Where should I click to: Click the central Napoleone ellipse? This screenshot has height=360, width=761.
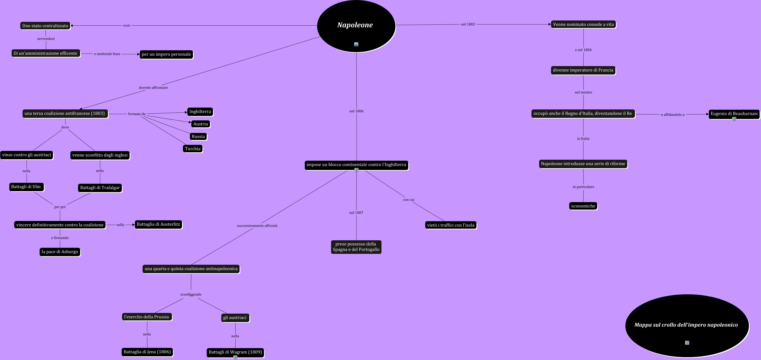pos(356,25)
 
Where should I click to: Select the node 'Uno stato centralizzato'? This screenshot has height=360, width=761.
pos(45,26)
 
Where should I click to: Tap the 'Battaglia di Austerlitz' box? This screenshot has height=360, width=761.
pos(158,224)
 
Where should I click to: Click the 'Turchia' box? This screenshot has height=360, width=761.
pos(193,149)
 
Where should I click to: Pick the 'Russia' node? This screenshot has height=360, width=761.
pos(198,136)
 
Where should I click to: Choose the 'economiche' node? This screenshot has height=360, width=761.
pos(583,206)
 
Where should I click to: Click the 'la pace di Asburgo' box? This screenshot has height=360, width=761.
pos(60,252)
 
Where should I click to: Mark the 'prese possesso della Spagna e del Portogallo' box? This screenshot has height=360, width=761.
pos(356,247)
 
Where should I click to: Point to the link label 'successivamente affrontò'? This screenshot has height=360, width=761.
pos(257,226)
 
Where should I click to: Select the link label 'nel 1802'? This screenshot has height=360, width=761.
pos(468,24)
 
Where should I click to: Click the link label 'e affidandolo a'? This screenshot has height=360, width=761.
pos(672,115)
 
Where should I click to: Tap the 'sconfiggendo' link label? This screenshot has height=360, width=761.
pos(191,294)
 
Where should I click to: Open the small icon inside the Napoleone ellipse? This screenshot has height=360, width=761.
pos(356,44)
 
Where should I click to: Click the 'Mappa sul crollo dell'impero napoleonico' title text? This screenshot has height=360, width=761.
pos(686,325)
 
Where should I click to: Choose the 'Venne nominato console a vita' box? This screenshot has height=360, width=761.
pos(583,24)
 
